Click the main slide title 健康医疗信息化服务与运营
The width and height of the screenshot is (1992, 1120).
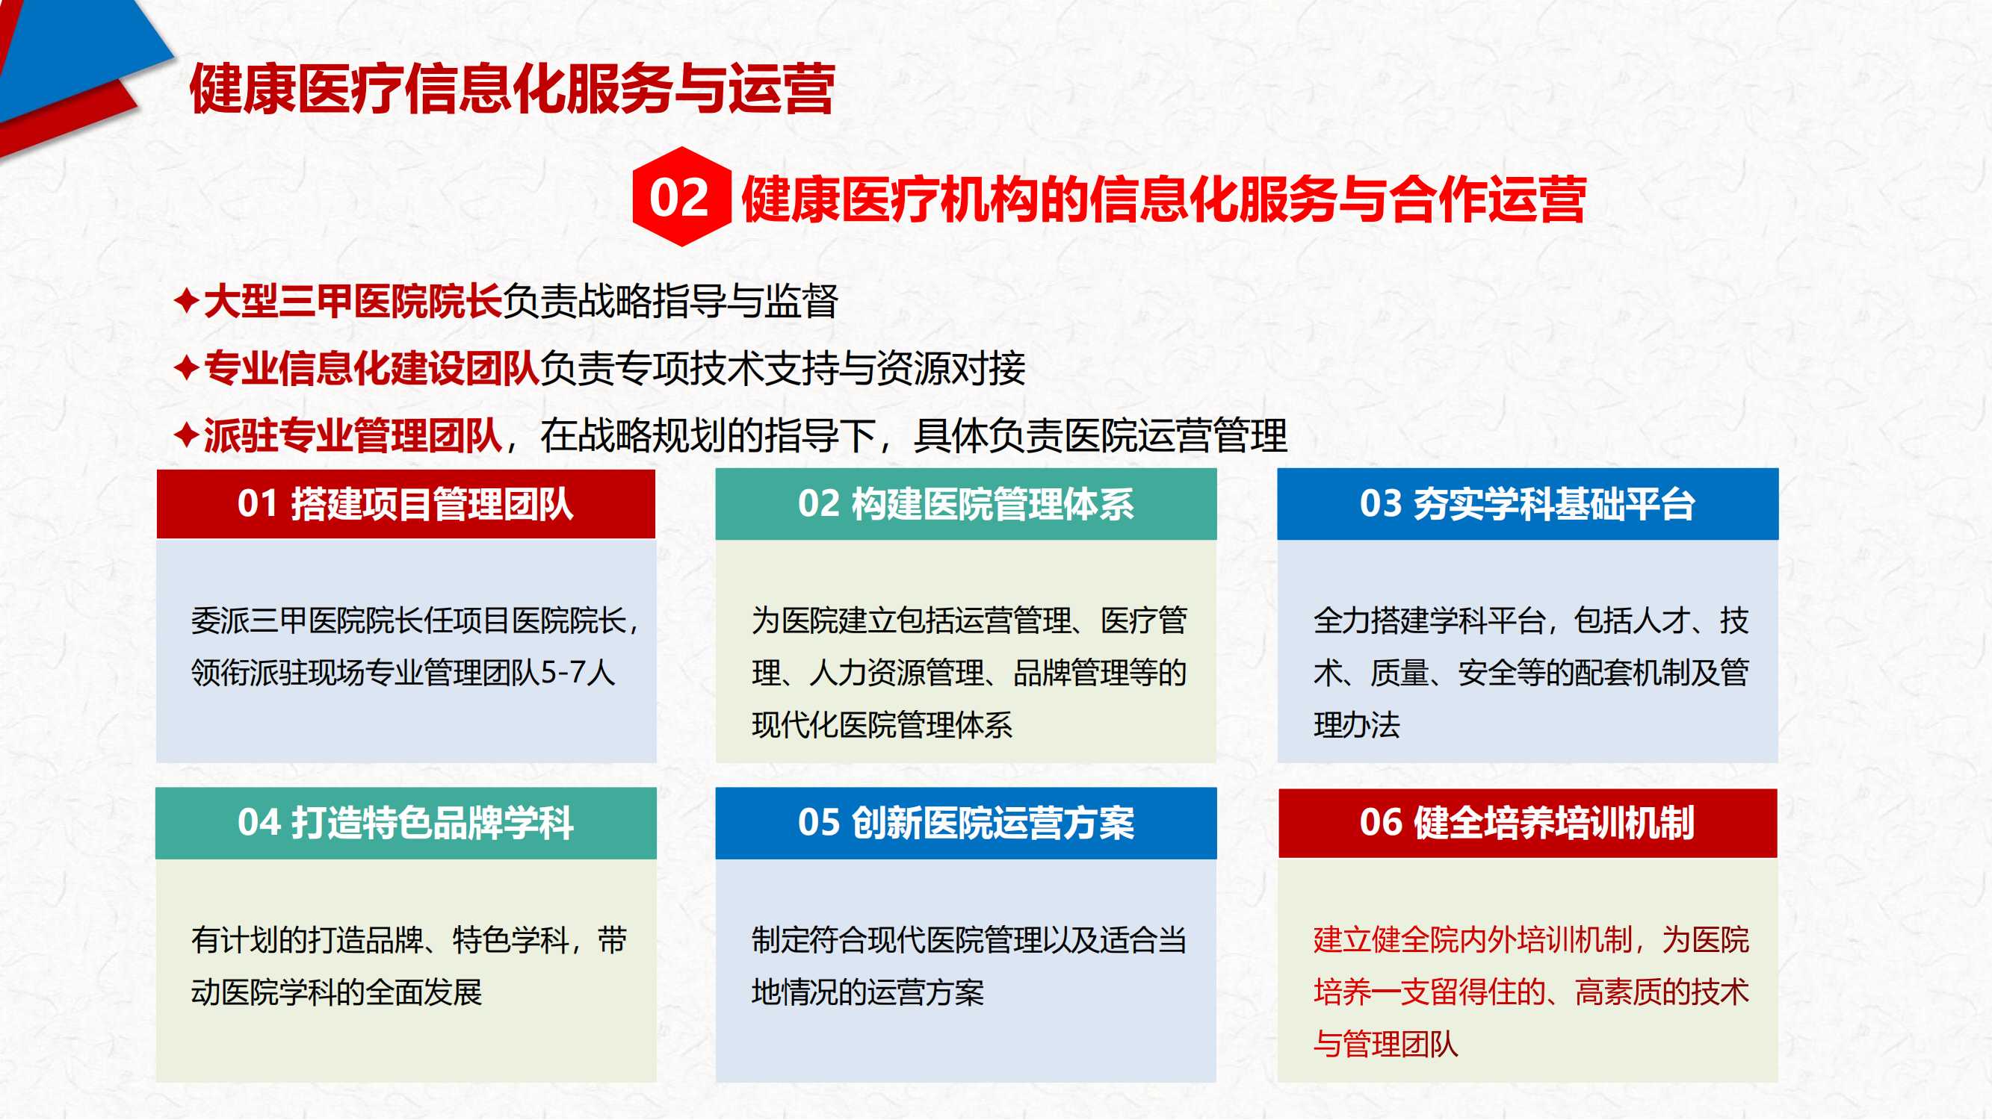tap(512, 89)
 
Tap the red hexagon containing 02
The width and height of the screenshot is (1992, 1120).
tap(681, 196)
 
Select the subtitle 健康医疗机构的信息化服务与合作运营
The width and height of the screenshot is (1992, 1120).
tap(1164, 199)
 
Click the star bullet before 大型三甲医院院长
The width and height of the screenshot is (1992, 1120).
tap(187, 300)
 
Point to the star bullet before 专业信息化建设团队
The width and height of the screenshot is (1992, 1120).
tap(187, 367)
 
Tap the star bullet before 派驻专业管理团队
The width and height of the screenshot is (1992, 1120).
tap(187, 435)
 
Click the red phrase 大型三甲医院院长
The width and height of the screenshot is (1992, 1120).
tap(353, 301)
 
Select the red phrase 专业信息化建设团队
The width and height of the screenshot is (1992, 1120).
tap(371, 368)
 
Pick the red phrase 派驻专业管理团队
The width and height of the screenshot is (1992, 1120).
tap(353, 435)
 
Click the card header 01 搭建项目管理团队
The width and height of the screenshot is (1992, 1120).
tap(406, 504)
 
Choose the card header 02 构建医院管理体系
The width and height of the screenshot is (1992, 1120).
tap(966, 504)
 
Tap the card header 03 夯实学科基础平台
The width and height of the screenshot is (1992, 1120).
tap(1527, 504)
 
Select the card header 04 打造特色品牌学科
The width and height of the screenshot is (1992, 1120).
tap(406, 823)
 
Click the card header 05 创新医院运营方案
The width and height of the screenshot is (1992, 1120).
tap(966, 823)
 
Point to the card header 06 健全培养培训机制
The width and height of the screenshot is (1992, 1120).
tap(1527, 823)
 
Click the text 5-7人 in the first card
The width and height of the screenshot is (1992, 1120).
tap(578, 673)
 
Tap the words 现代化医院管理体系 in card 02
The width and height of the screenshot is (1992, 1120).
tap(882, 725)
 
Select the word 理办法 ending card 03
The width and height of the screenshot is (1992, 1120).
tap(1357, 725)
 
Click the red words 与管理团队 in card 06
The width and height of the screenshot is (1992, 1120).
tap(1386, 1045)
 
